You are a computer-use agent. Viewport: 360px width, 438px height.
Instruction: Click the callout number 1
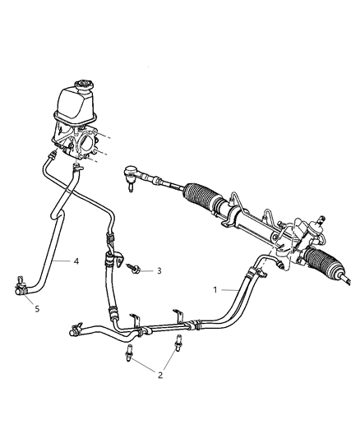tap(216, 290)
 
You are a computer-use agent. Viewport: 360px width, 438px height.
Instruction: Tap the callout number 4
tap(75, 262)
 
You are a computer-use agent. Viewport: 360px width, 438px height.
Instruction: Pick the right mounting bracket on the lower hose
tap(176, 316)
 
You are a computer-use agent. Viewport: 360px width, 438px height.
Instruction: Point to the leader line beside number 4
tap(62, 262)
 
